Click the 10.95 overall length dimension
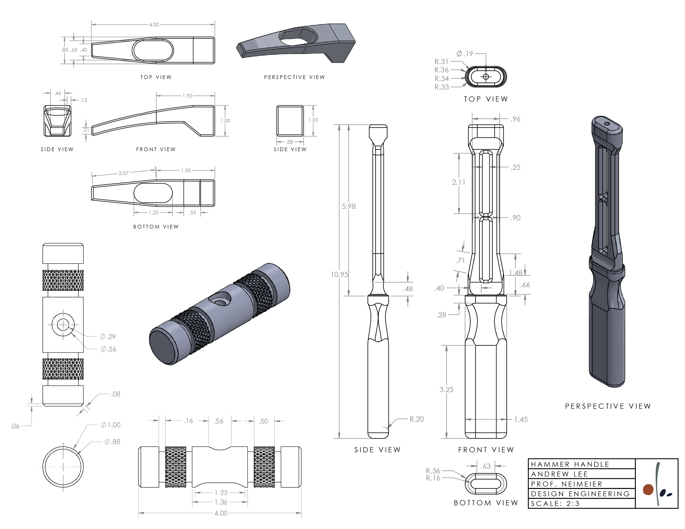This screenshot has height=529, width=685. pos(339,275)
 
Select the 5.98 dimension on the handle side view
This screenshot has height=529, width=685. pos(349,206)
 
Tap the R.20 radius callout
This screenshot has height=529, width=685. pos(416,419)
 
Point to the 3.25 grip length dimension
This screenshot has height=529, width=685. pos(446,390)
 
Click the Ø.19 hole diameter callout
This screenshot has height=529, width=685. pos(465,54)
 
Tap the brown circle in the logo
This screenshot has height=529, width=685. pos(648,490)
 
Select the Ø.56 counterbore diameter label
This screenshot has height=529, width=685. pos(108,349)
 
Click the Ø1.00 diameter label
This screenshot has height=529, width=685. pos(111,425)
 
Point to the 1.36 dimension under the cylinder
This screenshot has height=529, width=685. pos(221,502)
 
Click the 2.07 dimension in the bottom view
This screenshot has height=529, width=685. pos(123,173)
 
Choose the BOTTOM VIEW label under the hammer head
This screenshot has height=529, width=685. pos(156,227)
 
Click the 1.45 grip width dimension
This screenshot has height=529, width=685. pos(521,419)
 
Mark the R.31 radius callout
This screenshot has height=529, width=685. pos(441,62)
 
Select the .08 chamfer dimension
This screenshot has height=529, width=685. pos(116,394)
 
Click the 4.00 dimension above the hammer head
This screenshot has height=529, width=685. pos(154,25)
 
